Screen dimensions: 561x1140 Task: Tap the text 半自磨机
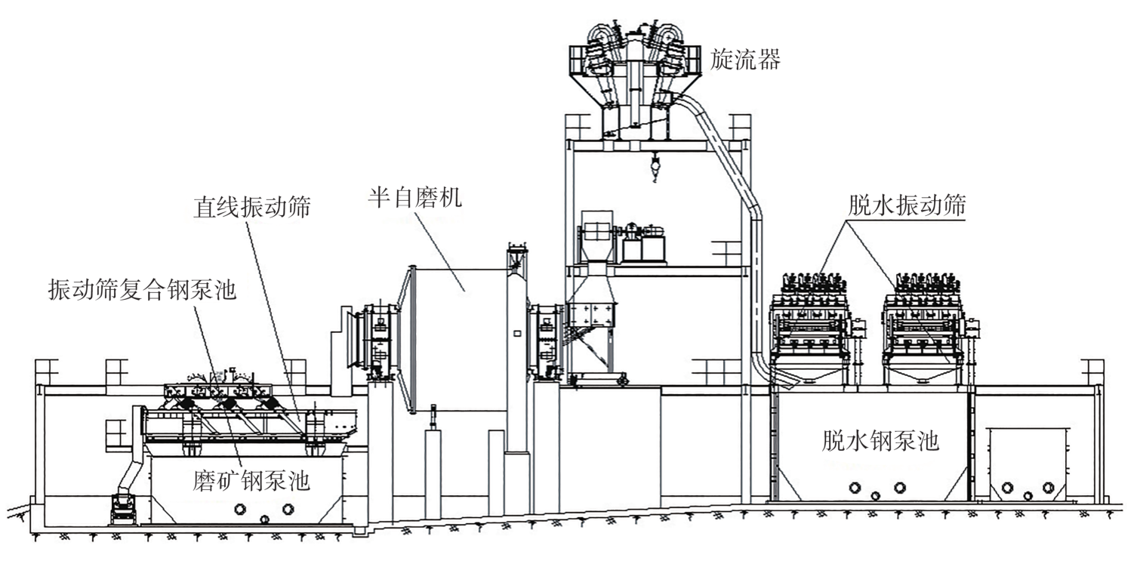click(414, 199)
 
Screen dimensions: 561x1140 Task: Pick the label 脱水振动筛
click(907, 206)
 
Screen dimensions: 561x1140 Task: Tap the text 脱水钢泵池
click(880, 441)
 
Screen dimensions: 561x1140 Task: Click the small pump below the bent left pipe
click(122, 507)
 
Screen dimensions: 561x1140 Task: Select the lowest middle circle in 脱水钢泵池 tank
click(876, 495)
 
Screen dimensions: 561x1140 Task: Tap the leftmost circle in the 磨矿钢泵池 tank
click(241, 509)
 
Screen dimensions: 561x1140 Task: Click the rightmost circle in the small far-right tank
click(1049, 488)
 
